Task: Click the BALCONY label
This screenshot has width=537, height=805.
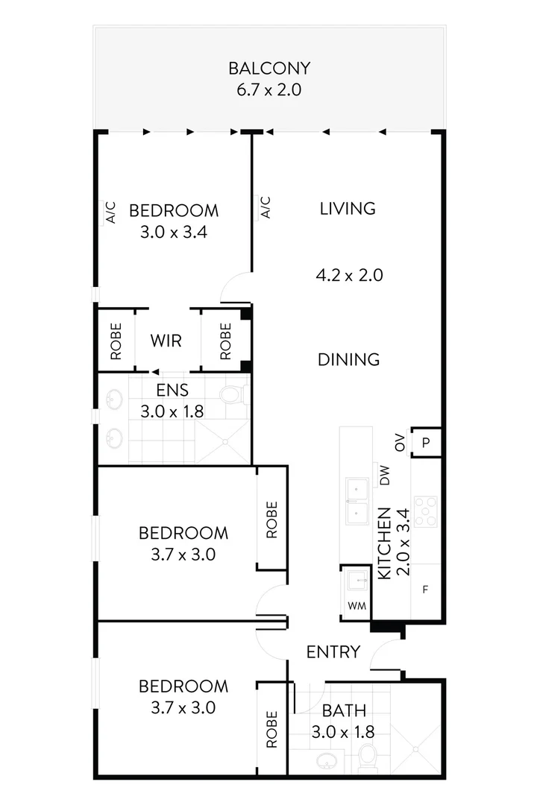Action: tap(268, 69)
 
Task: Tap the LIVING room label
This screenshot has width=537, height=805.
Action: tap(348, 209)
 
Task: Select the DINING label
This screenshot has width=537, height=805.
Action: tap(348, 359)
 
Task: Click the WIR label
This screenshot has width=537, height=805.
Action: tap(166, 341)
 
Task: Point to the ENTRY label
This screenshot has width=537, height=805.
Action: tap(333, 652)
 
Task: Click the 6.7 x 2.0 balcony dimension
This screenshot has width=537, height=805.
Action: tap(268, 92)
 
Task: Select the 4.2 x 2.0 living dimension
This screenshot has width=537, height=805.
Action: tap(349, 275)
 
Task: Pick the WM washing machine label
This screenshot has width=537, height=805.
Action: tap(357, 606)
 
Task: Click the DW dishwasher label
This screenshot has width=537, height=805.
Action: tap(385, 476)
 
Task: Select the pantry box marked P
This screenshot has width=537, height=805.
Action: tap(427, 442)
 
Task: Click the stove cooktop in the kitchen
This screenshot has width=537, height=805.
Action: tap(426, 511)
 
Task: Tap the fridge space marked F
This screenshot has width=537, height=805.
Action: tap(426, 590)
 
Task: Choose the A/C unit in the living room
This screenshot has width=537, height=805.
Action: tap(265, 207)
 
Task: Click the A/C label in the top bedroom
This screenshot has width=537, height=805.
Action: tap(110, 213)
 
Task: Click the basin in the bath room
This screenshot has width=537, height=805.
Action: tap(326, 761)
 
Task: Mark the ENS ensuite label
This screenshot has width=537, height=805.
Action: tap(172, 389)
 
